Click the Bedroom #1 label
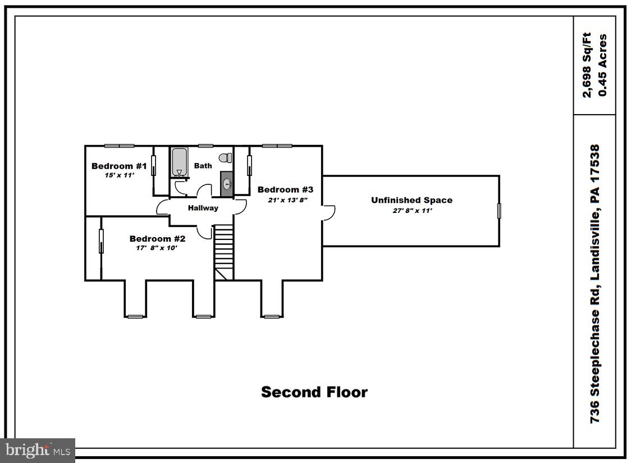pos(119,166)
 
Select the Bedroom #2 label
pos(157,239)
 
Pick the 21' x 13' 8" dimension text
pos(287,199)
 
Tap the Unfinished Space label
pos(411,200)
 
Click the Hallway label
pos(203,208)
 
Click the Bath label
pos(203,166)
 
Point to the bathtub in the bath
pos(180,162)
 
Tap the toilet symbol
pos(226,158)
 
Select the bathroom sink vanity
pos(227,184)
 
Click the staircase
pos(224,251)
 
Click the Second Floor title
pos(314,392)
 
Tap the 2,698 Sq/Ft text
pos(587,65)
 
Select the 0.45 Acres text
pos(603,65)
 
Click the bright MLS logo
pos(38,450)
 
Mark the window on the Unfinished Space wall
pos(499,211)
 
